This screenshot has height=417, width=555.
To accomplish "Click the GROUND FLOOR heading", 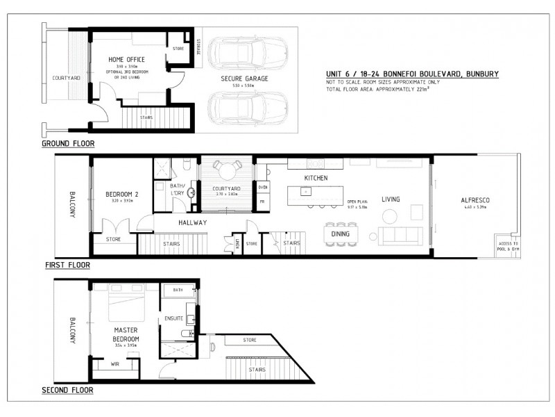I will pos(68,144).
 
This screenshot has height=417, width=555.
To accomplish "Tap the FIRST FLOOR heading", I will pos(67,265).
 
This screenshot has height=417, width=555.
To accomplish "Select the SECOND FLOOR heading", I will pos(67,390).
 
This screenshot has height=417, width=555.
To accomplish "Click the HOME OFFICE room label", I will pos(127,60).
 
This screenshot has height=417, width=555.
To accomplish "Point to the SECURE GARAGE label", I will pos(244,79).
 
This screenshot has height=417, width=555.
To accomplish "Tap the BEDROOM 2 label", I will pos(121,195).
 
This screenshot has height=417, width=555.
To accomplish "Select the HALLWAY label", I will pos(192,222).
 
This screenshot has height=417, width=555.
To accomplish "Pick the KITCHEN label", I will pos(316,179).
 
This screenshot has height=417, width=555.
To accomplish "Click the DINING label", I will pos(341,234).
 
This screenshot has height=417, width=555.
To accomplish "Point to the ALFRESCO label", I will pos(475,200).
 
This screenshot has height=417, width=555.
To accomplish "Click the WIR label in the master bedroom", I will pos(114,362).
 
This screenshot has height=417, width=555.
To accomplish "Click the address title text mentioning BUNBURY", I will pos(412,74).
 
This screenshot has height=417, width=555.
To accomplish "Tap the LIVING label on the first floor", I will pos(390,200).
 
